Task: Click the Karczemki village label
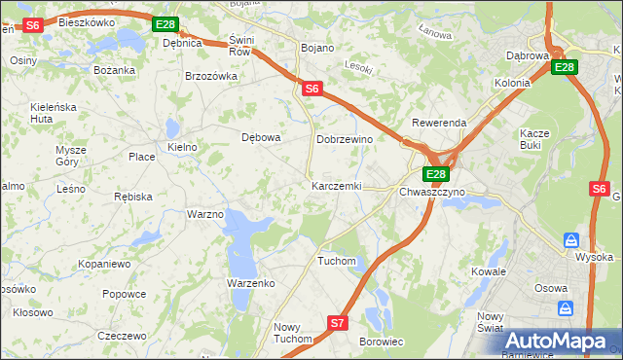pyautogui.click(x=336, y=186)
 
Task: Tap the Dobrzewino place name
pyautogui.click(x=345, y=140)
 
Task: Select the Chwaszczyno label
pyautogui.click(x=432, y=193)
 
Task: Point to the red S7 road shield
pyautogui.click(x=337, y=322)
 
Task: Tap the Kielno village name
pyautogui.click(x=182, y=147)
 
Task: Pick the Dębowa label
pyautogui.click(x=261, y=137)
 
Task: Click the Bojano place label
pyautogui.click(x=317, y=48)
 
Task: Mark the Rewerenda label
pyautogui.click(x=439, y=124)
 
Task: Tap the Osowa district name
pyautogui.click(x=551, y=288)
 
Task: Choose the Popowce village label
pyautogui.click(x=124, y=294)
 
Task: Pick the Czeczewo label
pyautogui.click(x=122, y=335)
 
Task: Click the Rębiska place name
pyautogui.click(x=132, y=197)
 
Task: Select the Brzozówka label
pyautogui.click(x=211, y=76)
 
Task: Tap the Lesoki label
pyautogui.click(x=359, y=67)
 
